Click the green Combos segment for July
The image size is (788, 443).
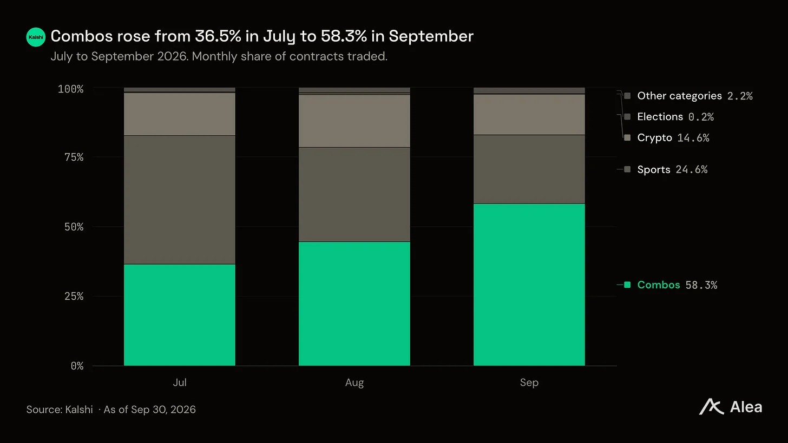point(180,315)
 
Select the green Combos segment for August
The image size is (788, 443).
point(354,304)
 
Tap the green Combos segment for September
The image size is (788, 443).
point(529,285)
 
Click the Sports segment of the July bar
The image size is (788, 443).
point(180,200)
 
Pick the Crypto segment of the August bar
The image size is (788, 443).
point(354,121)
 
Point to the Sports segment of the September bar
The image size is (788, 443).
point(529,169)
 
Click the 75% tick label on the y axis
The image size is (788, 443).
point(74,157)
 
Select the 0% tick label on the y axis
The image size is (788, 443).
point(77,366)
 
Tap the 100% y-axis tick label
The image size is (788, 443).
point(71,89)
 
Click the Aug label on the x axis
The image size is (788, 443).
point(354,382)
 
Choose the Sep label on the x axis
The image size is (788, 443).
point(529,382)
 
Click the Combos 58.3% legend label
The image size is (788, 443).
point(677,285)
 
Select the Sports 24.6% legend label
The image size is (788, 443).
point(672,169)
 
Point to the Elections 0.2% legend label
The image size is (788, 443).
point(675,117)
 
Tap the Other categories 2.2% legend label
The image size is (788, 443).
point(695,96)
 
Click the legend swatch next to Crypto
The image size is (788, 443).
point(627,137)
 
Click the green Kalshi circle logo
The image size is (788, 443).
point(36,37)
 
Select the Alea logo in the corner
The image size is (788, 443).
point(730,407)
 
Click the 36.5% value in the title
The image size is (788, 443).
point(218,36)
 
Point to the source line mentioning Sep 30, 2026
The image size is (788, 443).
point(111,409)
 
